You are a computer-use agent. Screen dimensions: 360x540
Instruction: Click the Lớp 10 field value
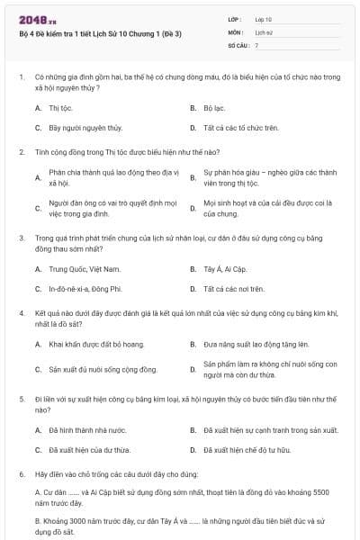[x=264, y=18]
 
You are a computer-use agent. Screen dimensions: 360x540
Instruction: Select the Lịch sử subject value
[x=263, y=31]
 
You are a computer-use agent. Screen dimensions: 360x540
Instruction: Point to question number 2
[x=21, y=151]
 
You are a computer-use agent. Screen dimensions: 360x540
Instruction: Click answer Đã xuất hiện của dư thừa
[x=89, y=449]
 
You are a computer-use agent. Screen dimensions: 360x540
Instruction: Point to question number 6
[x=21, y=472]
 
